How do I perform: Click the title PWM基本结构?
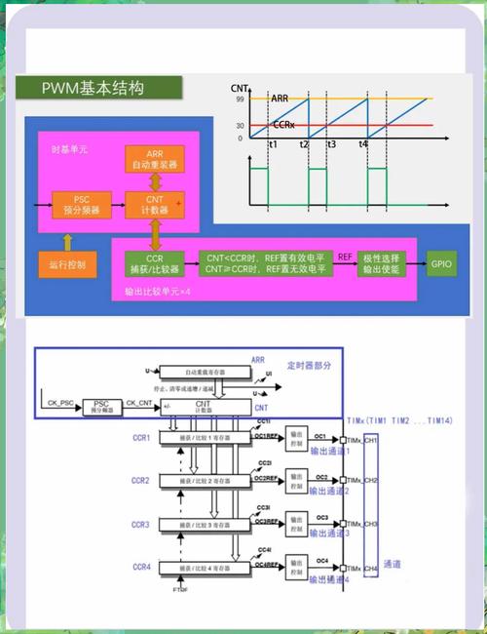coord(94,89)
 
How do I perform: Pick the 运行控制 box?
coord(67,264)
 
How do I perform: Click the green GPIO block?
coord(441,264)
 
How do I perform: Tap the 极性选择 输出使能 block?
coord(383,264)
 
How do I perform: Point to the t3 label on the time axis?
coord(331,144)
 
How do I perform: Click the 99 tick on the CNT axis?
coord(239,99)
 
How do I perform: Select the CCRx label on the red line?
coord(283,125)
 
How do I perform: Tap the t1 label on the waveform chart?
coord(272,144)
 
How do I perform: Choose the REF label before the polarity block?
coord(344,256)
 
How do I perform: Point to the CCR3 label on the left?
coord(141,525)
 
